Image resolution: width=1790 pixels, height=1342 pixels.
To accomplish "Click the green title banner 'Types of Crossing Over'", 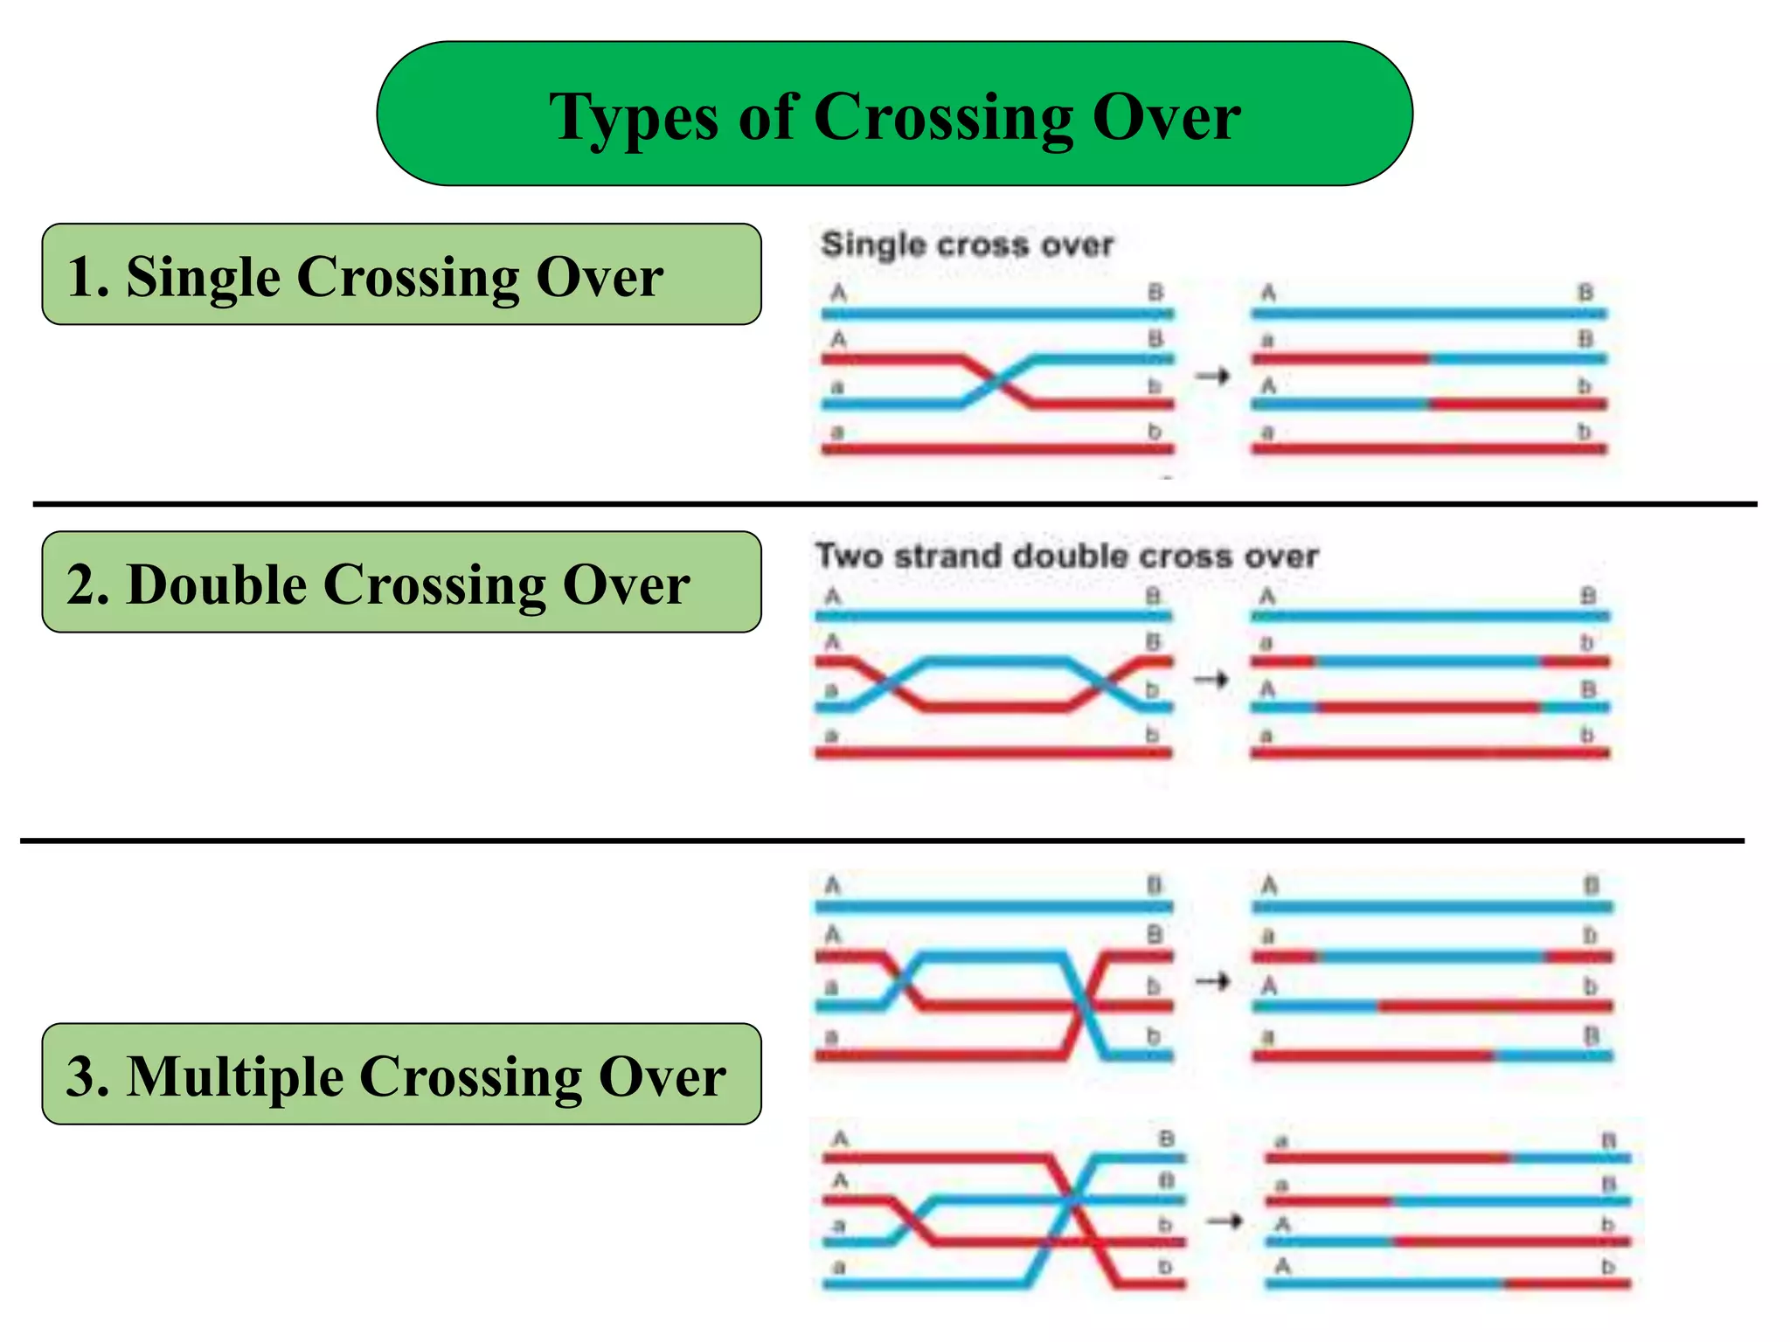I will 894,114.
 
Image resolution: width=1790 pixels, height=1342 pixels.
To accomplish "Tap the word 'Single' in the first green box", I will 203,277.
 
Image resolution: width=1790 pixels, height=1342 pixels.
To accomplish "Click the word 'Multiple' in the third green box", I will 235,1076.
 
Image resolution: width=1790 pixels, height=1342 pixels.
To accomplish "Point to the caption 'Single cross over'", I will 968,245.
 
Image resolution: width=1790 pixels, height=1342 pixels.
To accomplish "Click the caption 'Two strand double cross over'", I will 1067,557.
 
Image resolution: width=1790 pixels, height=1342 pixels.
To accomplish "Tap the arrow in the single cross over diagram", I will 1213,377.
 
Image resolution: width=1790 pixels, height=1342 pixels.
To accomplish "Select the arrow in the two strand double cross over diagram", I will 1211,679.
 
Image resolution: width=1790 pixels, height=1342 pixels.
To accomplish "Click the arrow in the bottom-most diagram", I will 1225,1221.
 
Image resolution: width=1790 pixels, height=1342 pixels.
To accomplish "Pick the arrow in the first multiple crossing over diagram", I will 1213,982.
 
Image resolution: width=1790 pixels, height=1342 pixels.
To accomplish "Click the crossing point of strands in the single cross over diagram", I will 996,382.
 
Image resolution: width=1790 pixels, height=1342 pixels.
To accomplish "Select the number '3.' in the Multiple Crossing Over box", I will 87,1076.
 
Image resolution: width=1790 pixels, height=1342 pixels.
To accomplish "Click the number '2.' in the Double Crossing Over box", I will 87,585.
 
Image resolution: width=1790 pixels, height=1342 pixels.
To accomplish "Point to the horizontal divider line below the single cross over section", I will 894,504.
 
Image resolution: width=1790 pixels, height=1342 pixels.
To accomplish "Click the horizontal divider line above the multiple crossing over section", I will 883,840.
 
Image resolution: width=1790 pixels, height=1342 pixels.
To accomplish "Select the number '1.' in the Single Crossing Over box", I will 87,277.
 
